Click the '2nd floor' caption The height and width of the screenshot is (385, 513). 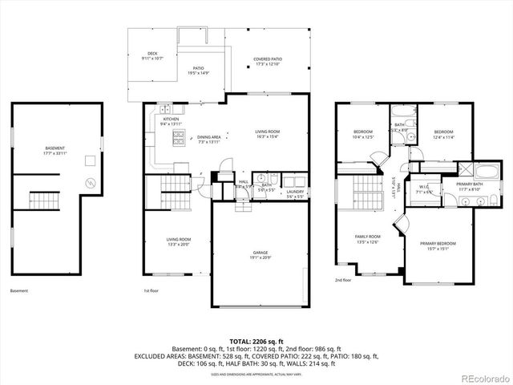pyautogui.click(x=343, y=281)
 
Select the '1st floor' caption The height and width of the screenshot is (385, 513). pyautogui.click(x=151, y=290)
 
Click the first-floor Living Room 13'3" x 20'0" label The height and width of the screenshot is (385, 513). pyautogui.click(x=178, y=241)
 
